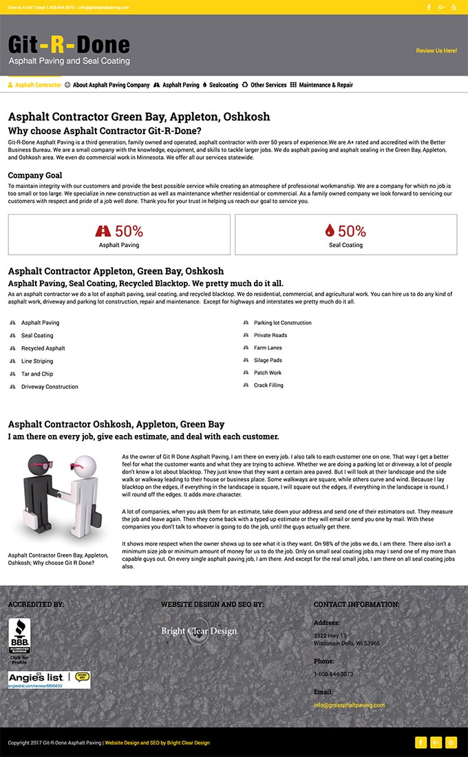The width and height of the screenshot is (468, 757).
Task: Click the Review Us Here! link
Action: click(x=436, y=51)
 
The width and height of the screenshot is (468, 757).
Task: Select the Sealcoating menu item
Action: click(x=223, y=85)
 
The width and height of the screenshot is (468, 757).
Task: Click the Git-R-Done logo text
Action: click(x=69, y=46)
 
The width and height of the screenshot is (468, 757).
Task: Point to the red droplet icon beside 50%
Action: click(x=330, y=231)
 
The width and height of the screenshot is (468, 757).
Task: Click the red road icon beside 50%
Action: click(x=103, y=231)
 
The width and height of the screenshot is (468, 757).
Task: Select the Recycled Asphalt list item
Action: click(x=43, y=348)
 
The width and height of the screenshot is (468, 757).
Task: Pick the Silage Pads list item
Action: click(x=268, y=361)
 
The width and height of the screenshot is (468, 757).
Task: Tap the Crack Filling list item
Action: click(x=268, y=385)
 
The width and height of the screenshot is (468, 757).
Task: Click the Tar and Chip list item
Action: click(x=37, y=374)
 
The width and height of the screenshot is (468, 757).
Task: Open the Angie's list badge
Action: click(x=49, y=680)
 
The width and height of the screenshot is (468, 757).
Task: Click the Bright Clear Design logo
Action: click(x=199, y=631)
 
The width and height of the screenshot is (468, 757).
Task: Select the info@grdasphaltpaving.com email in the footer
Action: click(x=349, y=705)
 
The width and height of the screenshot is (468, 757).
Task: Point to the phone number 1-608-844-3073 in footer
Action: click(x=333, y=674)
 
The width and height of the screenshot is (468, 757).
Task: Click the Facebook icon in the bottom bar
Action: click(x=421, y=743)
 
